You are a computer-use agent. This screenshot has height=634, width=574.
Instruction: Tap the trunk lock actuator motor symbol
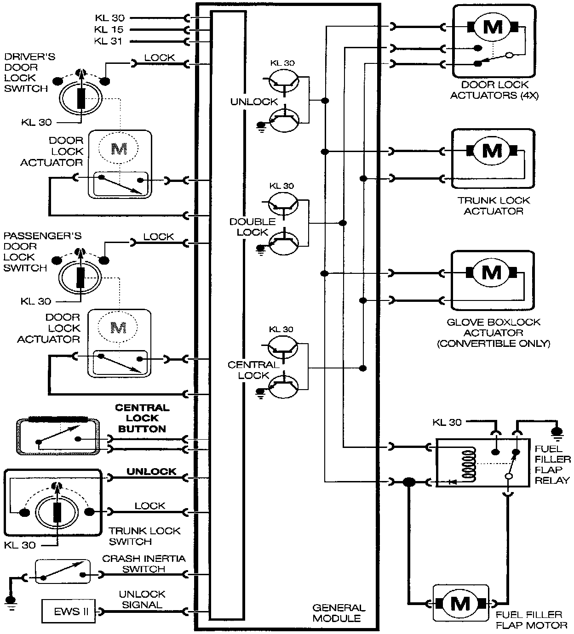pos(492,150)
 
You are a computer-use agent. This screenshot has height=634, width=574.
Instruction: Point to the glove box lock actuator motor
pos(492,273)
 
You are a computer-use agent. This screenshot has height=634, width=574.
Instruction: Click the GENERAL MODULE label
pos(339,613)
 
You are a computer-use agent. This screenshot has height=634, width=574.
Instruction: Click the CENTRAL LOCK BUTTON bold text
pos(142,418)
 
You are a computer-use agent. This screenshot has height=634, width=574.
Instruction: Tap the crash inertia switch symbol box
pos(63,572)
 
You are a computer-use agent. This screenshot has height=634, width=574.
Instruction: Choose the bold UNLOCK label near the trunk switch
pos(151,471)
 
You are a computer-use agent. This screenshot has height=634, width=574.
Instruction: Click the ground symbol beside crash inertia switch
pos(10,602)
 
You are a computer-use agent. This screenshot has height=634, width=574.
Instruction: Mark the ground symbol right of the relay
pos(557,432)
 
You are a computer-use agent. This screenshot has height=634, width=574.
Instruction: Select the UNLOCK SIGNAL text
pos(142,600)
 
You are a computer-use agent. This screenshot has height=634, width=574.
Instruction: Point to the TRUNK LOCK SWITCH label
pos(144,536)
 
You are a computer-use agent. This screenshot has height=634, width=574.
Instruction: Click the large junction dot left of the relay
pos(408,481)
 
